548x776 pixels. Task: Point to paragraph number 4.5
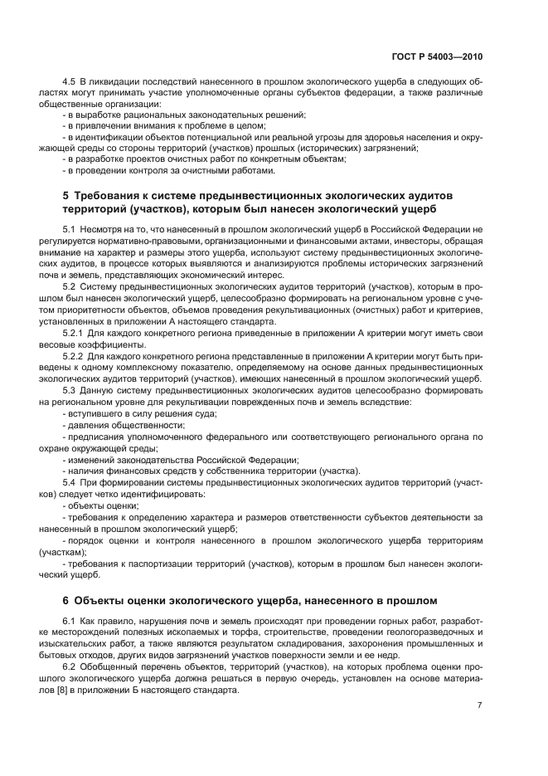pos(70,83)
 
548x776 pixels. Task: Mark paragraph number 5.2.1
pos(73,333)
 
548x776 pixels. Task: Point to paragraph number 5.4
pos(70,481)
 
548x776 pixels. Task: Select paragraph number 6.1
pos(70,621)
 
